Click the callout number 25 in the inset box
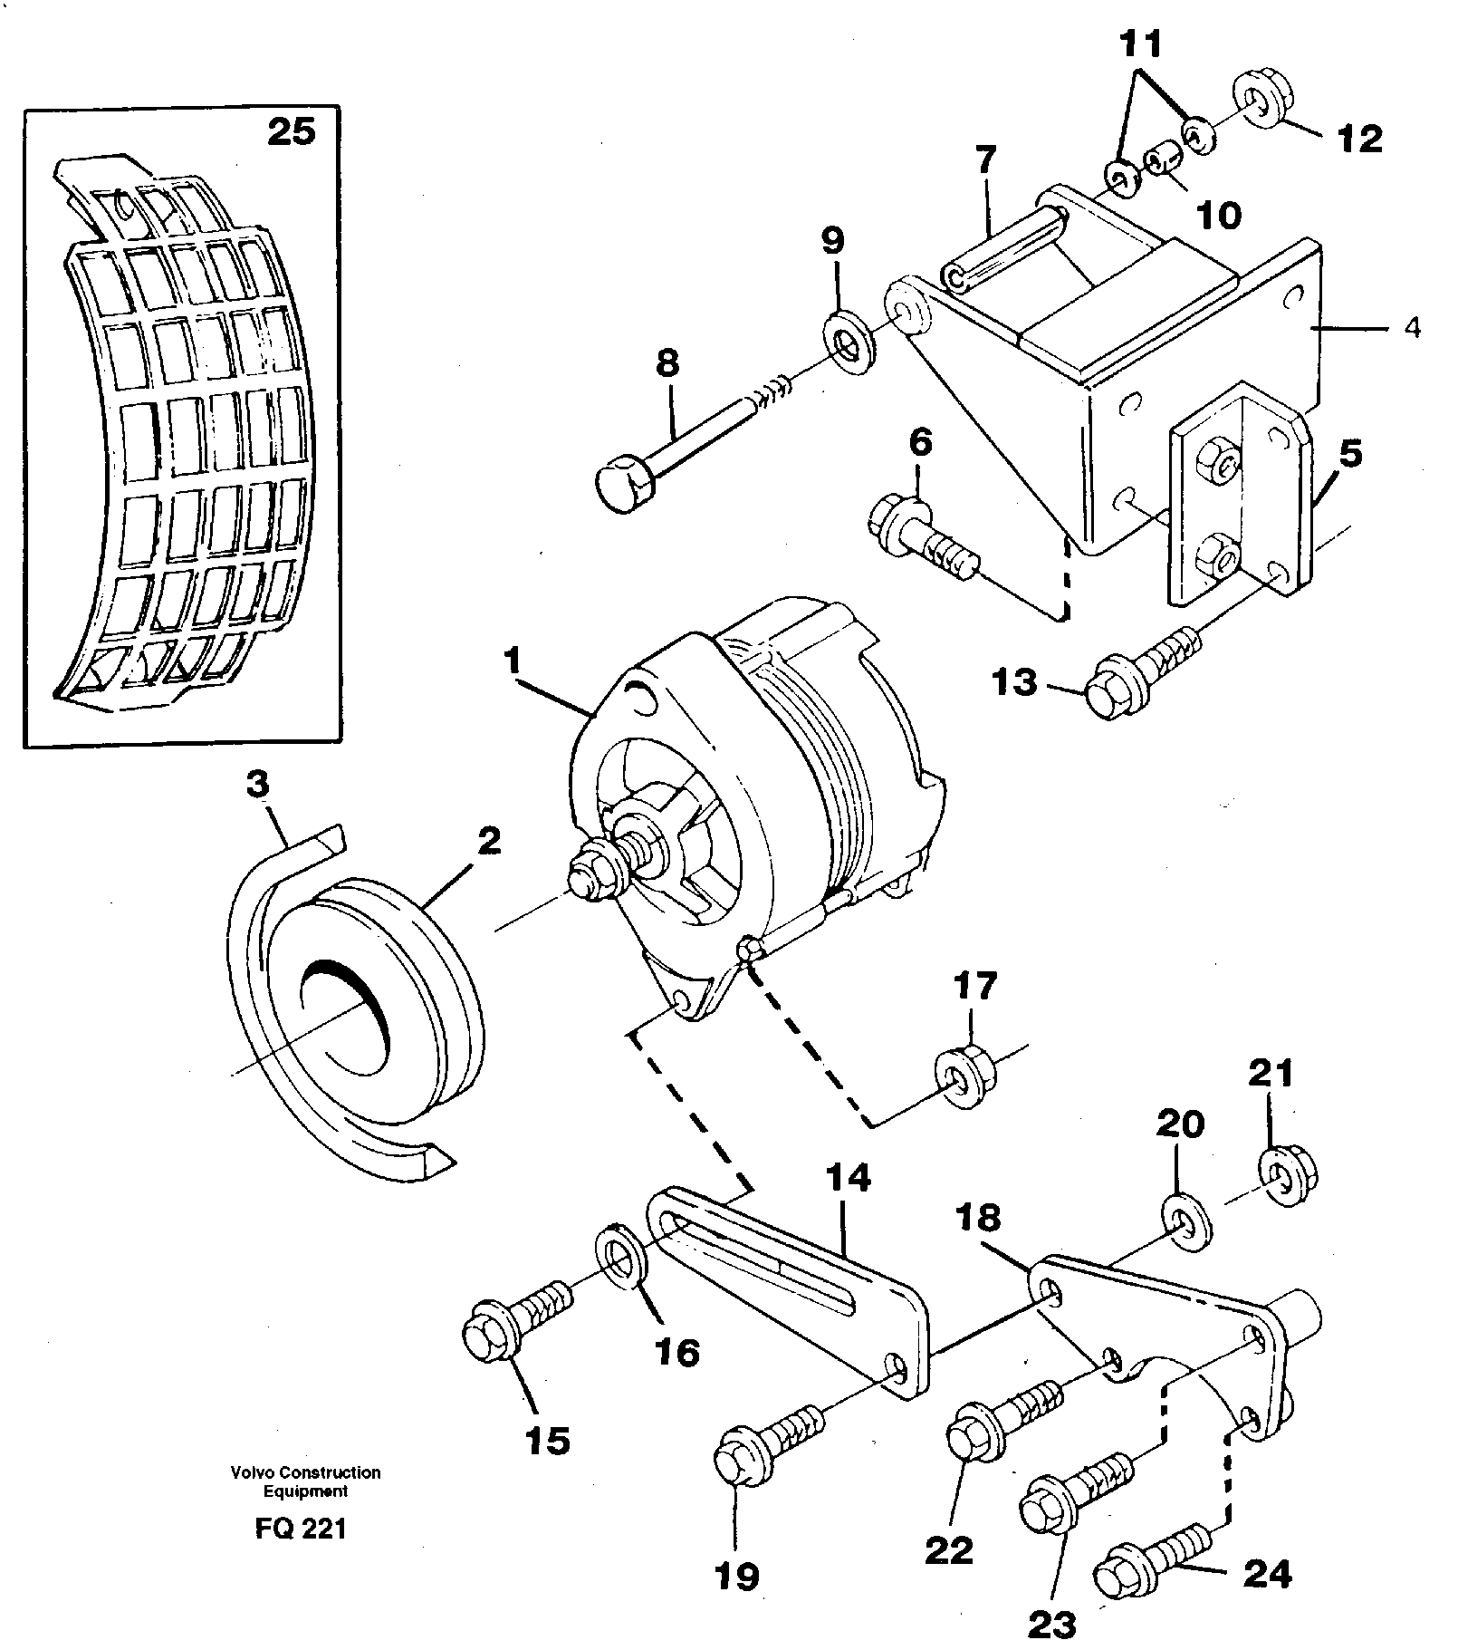click(x=292, y=132)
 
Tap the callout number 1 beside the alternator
click(x=513, y=661)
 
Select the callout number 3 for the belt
click(x=258, y=786)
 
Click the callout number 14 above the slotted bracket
click(x=848, y=1177)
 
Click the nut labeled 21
click(x=1287, y=1177)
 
